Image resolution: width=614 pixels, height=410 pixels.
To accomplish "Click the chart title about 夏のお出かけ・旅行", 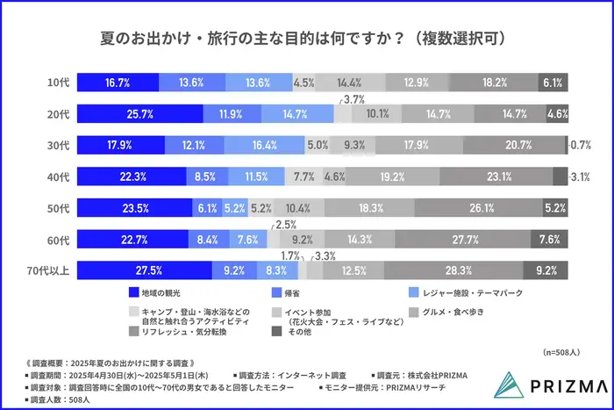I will (307, 40).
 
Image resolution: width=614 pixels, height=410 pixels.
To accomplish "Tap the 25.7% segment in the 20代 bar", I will (139, 113).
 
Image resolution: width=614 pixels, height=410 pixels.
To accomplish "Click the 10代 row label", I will (58, 83).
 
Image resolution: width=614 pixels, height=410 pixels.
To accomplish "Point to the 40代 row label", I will (58, 176).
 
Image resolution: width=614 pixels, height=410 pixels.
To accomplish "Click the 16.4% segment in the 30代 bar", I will (264, 145).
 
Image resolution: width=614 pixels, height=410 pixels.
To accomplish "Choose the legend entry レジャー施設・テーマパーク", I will (460, 291).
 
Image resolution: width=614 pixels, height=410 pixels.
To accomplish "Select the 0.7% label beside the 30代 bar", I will (581, 145).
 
